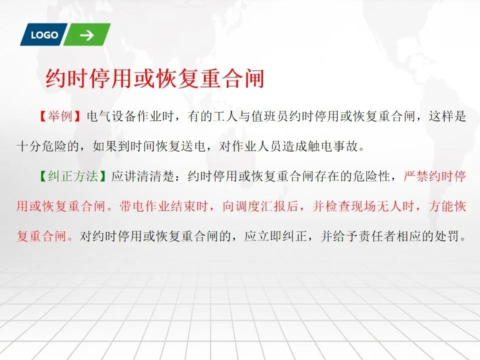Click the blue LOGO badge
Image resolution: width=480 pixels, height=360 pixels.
[x=44, y=34]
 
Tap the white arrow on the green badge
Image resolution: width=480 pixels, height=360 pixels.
[x=87, y=35]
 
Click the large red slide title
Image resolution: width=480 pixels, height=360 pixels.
[x=155, y=79]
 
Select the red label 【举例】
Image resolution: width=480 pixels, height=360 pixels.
[x=60, y=116]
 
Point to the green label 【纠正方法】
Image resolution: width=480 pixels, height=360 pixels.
[x=72, y=176]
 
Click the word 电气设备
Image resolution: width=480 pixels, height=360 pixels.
[x=111, y=116]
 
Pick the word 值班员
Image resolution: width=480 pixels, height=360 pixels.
[x=269, y=116]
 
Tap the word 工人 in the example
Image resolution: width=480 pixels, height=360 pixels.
[x=225, y=116]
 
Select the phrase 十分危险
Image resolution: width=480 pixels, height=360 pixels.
[x=41, y=146]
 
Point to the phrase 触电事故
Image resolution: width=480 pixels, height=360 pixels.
[x=332, y=146]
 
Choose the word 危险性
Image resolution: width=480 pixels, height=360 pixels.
[x=371, y=176]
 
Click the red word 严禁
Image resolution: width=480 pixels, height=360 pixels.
[x=416, y=176]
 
